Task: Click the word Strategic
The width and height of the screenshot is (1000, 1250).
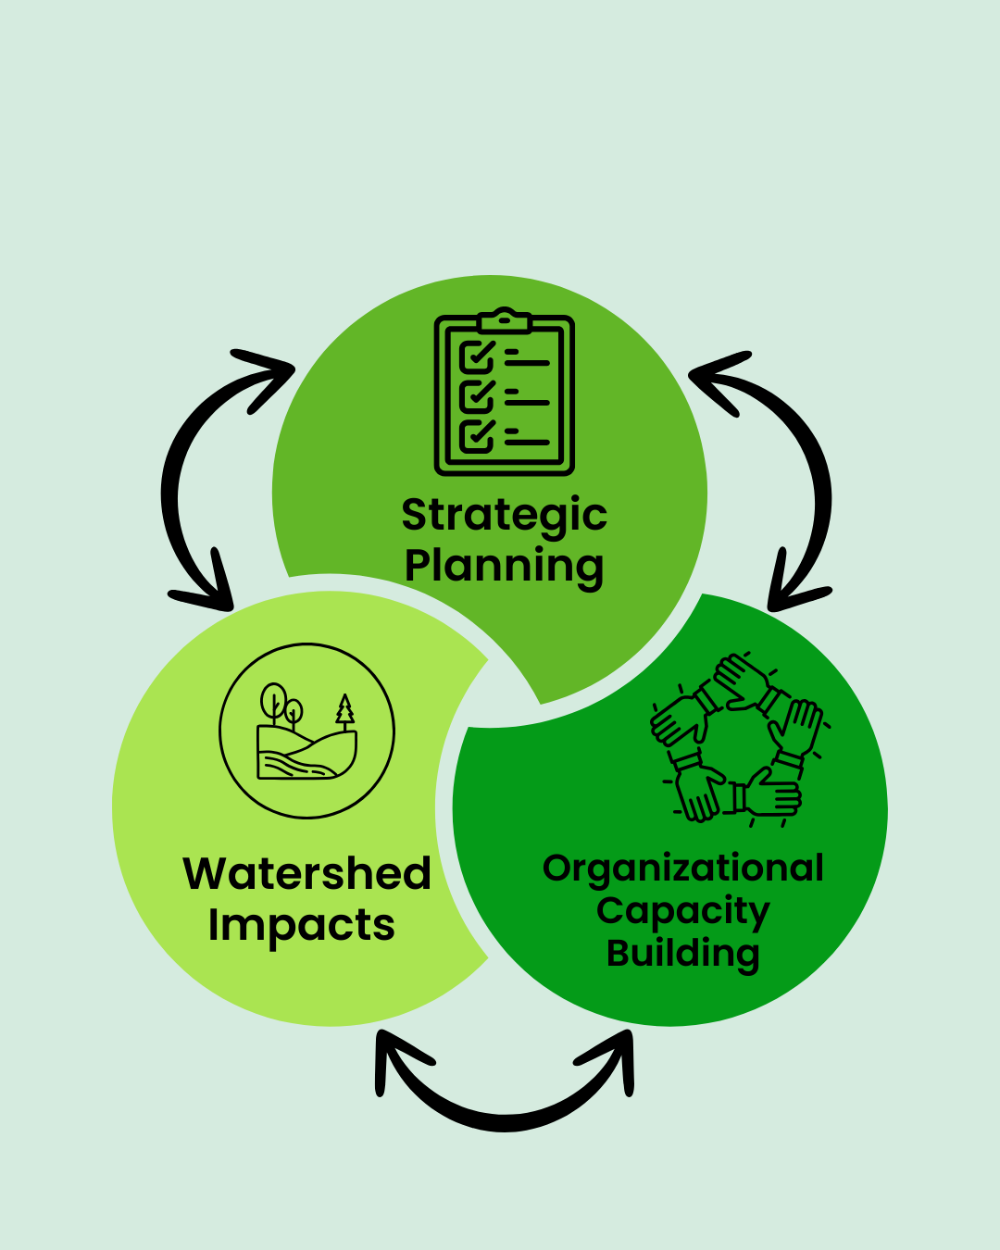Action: (x=504, y=516)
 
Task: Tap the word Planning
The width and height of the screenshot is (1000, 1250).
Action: (x=504, y=566)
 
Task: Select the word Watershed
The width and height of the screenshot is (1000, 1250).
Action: (x=307, y=874)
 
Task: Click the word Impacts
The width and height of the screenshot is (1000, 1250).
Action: (x=302, y=925)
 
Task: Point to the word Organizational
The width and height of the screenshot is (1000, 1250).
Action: (x=683, y=869)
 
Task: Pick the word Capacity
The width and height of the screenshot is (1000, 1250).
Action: (x=683, y=911)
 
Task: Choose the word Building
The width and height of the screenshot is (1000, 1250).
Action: (x=683, y=953)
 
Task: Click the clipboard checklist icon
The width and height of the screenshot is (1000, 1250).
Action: (x=505, y=393)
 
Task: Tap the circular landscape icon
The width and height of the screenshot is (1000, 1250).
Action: (x=306, y=731)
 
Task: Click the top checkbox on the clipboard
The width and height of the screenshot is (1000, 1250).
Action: (x=477, y=356)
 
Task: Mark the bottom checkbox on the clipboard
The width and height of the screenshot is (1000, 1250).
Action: (x=477, y=434)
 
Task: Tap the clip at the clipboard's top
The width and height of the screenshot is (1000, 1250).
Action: (x=505, y=320)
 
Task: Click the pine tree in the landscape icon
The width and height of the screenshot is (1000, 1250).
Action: (x=345, y=710)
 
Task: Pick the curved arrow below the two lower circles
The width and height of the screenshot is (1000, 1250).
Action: (x=506, y=1106)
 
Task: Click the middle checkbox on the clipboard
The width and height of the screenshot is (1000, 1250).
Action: (x=477, y=396)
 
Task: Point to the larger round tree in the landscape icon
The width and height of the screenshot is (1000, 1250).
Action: (x=274, y=700)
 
